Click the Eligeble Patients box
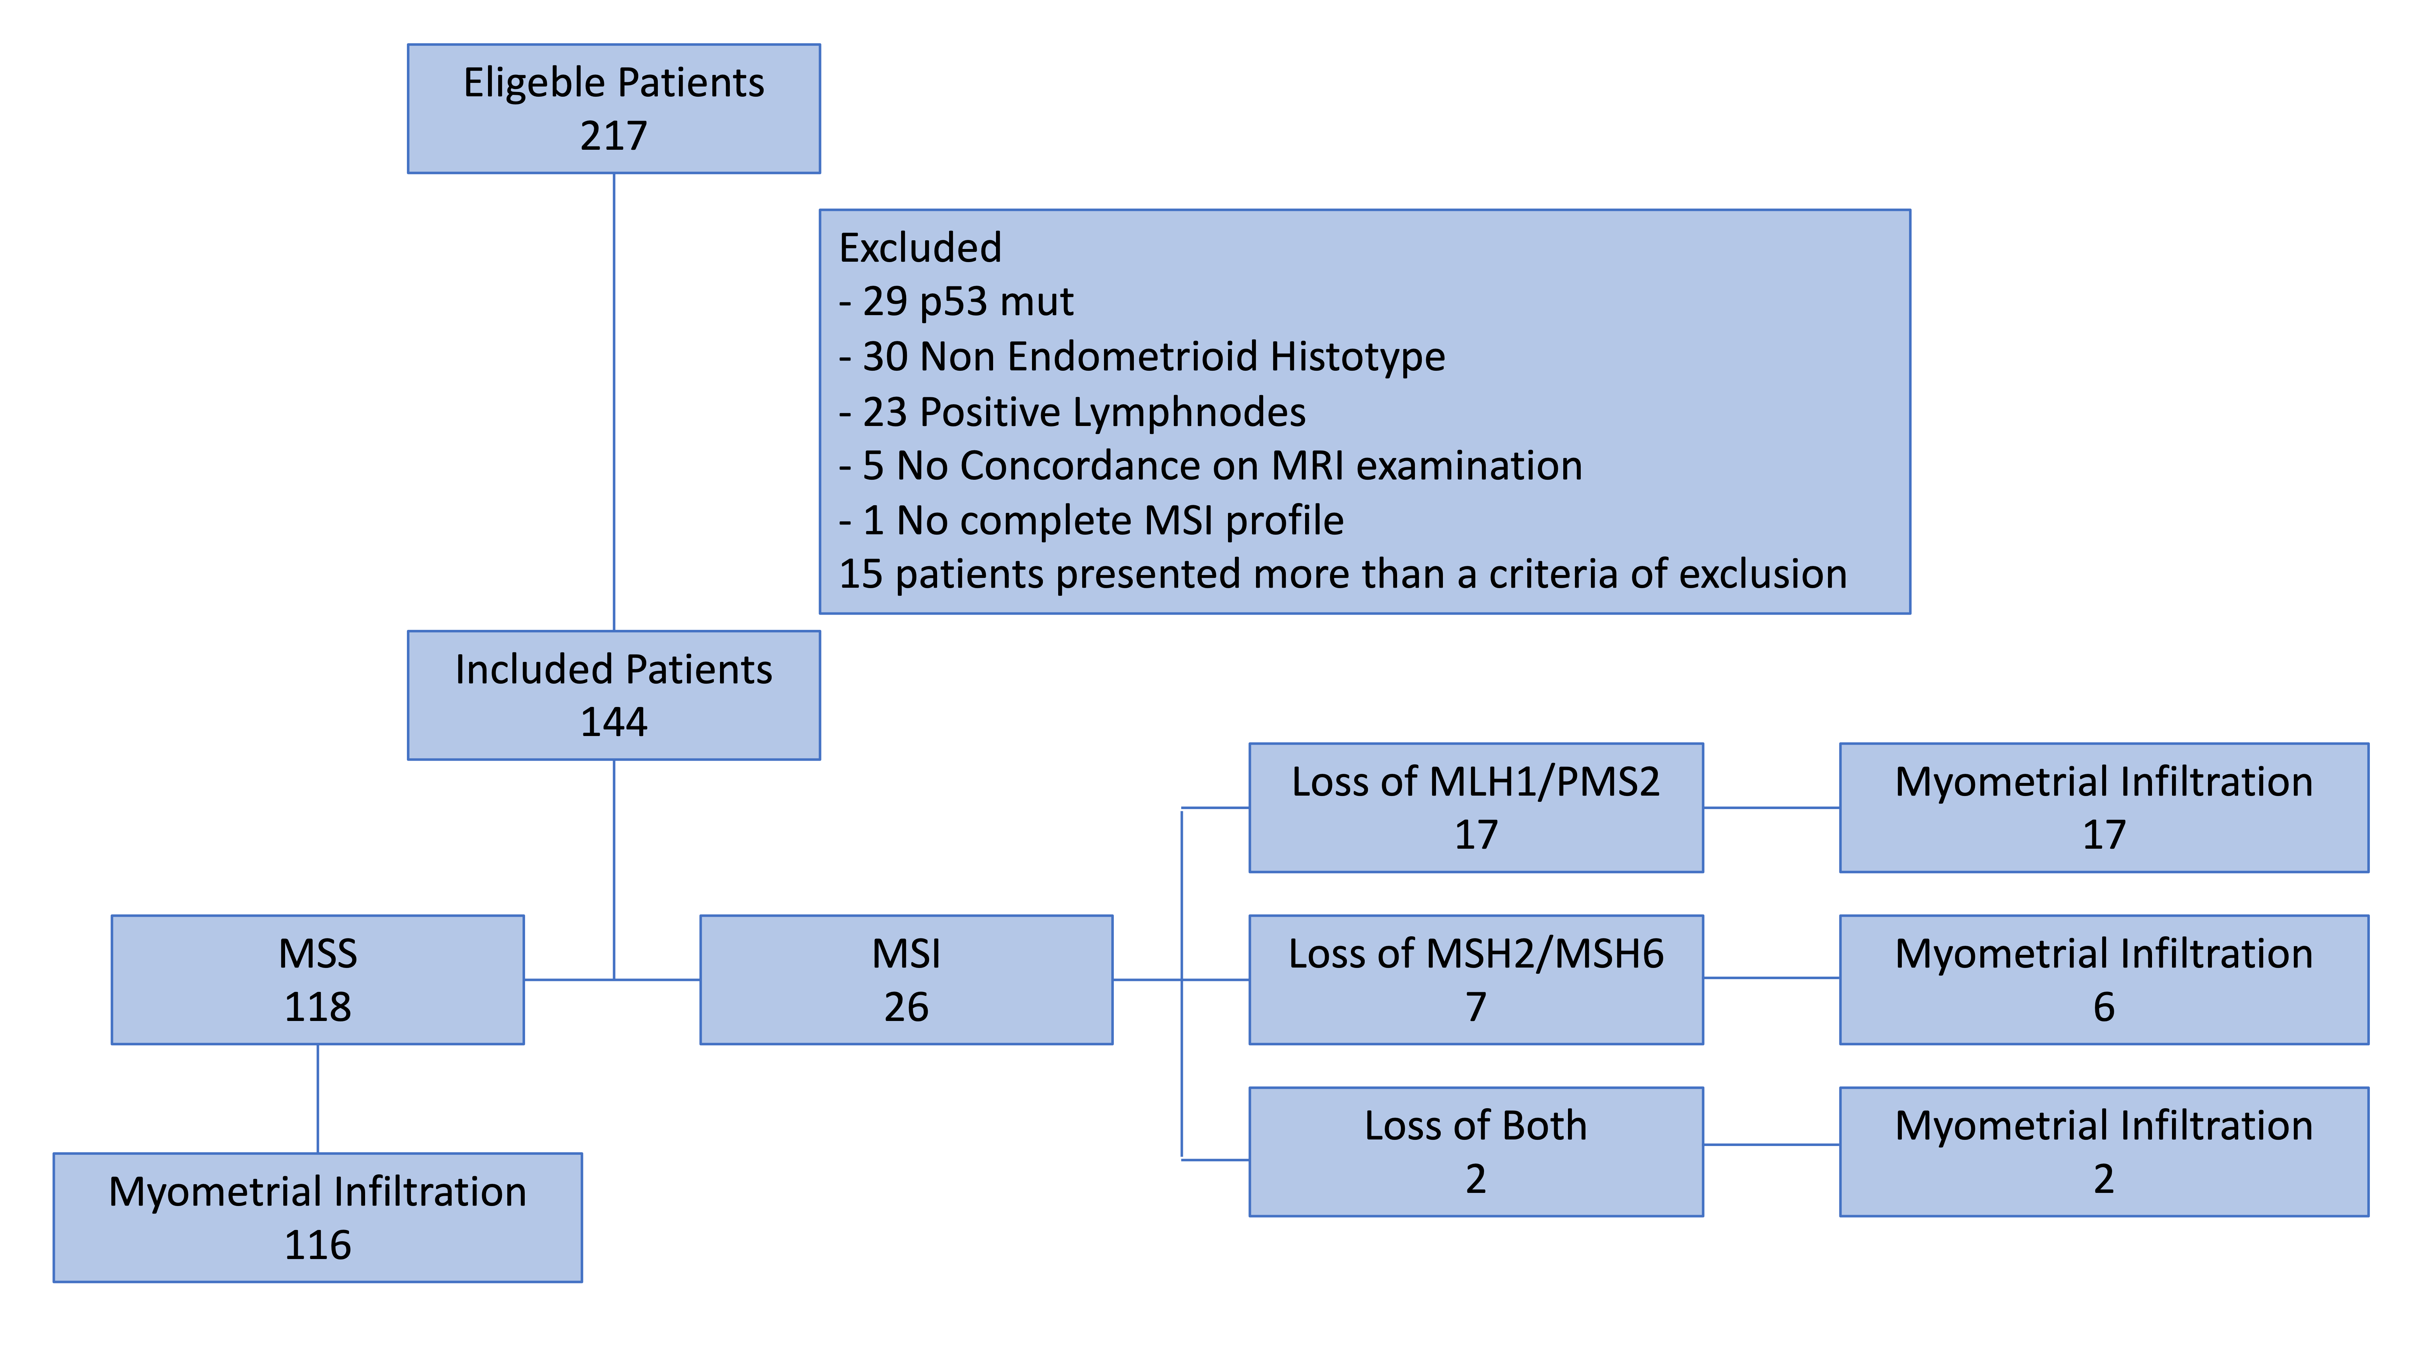click(613, 108)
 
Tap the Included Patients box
click(613, 695)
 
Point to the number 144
click(613, 723)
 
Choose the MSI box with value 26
click(906, 979)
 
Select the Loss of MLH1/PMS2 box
click(1476, 807)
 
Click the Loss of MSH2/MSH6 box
click(1476, 979)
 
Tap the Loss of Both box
click(1476, 1151)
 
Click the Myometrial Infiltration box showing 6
click(2104, 979)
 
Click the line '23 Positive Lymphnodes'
click(1073, 412)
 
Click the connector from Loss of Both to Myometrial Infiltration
click(1771, 1145)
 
